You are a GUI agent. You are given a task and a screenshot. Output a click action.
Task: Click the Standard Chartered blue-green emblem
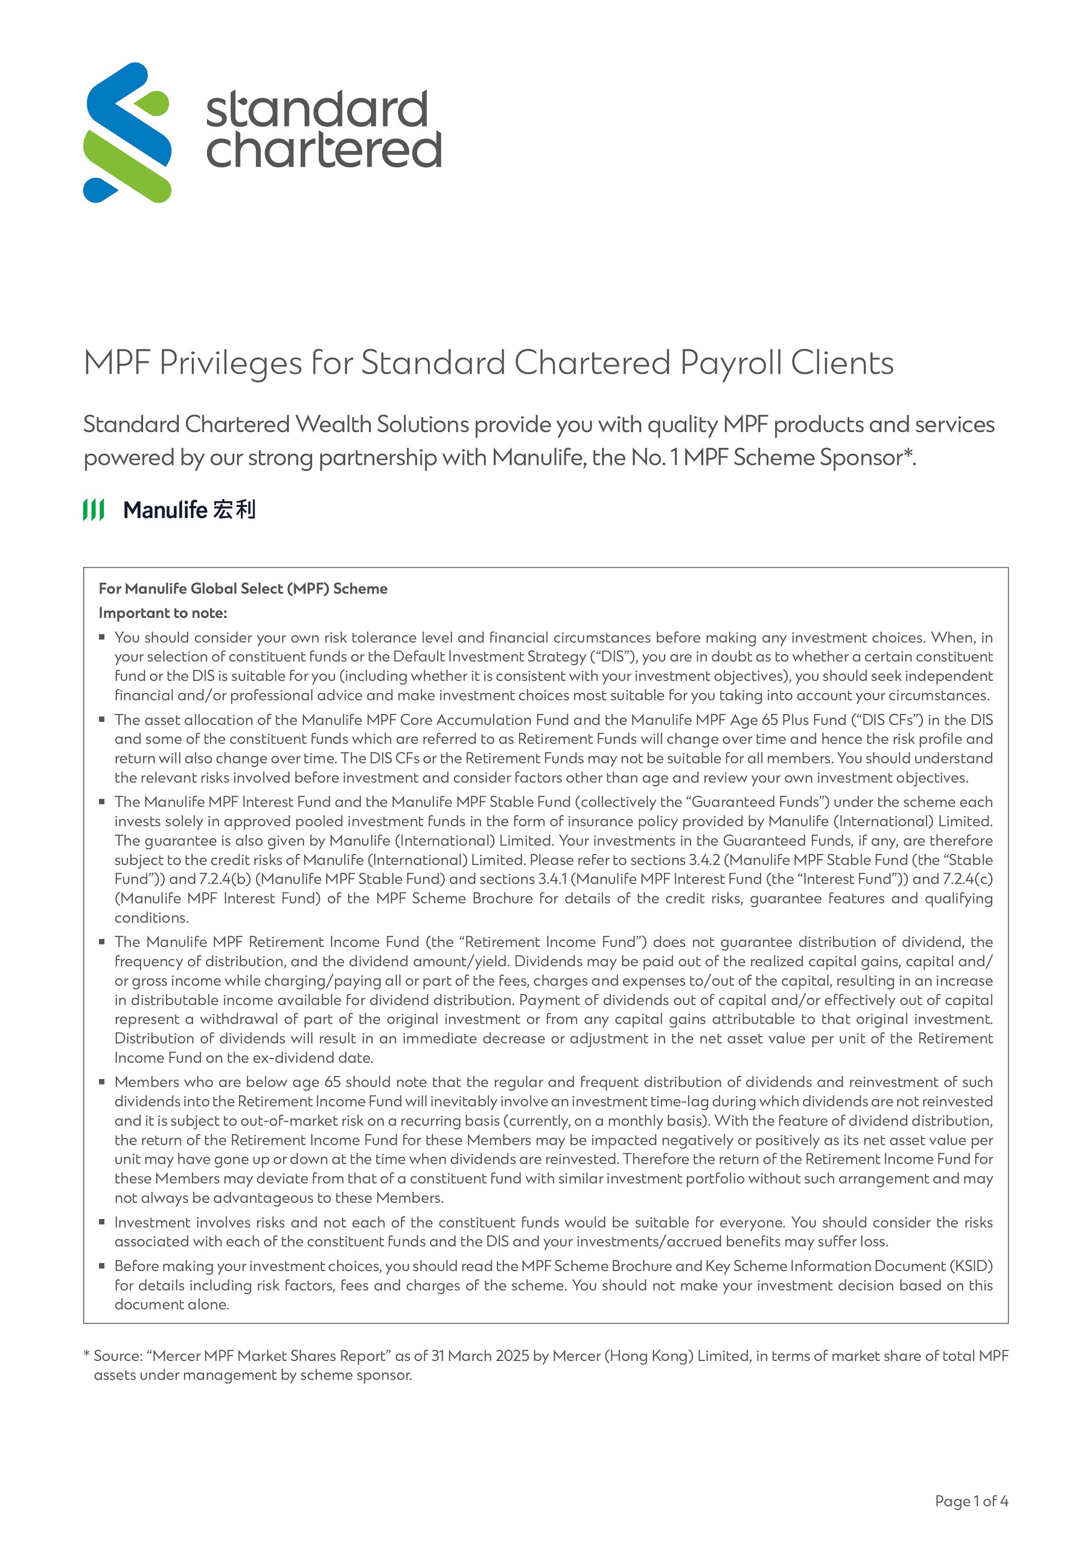127,133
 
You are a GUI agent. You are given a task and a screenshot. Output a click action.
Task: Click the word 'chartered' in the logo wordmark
323,150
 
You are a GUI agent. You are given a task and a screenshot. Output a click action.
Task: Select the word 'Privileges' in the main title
230,363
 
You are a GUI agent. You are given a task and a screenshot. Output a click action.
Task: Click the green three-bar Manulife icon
94,510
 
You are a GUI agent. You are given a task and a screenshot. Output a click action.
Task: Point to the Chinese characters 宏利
234,510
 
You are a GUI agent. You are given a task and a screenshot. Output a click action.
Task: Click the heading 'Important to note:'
163,613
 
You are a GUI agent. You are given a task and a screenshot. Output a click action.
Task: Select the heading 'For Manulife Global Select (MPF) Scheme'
243,589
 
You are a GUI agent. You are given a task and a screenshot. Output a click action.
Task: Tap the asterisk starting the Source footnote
87,1354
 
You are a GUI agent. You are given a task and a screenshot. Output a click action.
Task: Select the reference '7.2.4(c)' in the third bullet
968,879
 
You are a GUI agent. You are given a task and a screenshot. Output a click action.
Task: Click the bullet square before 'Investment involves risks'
103,1222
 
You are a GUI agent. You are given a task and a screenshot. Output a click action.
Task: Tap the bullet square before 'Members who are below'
103,1081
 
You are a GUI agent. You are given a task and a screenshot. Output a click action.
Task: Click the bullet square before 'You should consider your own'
103,637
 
